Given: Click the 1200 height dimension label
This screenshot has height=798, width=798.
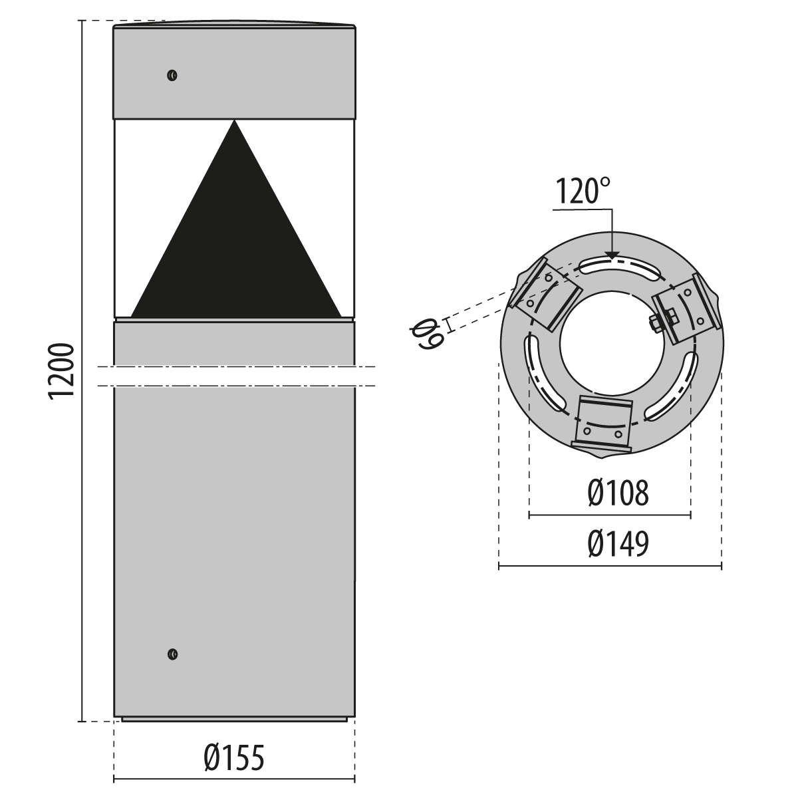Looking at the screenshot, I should pyautogui.click(x=61, y=372).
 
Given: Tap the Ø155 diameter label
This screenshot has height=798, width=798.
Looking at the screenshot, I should pyautogui.click(x=234, y=759).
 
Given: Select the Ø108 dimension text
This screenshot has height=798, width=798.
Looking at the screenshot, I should pyautogui.click(x=618, y=493).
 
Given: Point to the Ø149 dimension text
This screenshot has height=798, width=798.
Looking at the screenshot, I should pyautogui.click(x=618, y=545).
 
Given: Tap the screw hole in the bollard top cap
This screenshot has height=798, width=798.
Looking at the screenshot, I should pyautogui.click(x=172, y=75).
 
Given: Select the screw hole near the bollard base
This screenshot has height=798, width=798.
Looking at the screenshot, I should pyautogui.click(x=172, y=654).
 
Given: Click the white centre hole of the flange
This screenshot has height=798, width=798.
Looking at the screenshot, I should pyautogui.click(x=610, y=340).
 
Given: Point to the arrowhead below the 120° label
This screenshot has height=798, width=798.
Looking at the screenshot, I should pyautogui.click(x=611, y=255).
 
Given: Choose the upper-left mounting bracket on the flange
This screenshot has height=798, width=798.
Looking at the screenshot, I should pyautogui.click(x=543, y=298).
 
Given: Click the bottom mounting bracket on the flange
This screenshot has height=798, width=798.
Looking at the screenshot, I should pyautogui.click(x=603, y=424).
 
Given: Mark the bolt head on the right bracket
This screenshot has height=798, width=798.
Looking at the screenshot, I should pyautogui.click(x=655, y=323).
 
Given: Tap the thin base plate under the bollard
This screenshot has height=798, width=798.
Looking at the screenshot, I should pyautogui.click(x=234, y=719).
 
